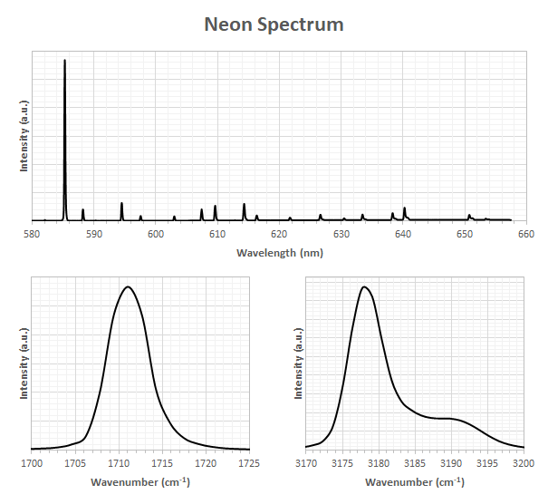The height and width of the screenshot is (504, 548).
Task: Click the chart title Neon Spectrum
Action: coord(274,25)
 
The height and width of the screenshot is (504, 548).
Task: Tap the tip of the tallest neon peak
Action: coord(64,60)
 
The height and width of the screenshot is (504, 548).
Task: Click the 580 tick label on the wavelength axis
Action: coord(32,234)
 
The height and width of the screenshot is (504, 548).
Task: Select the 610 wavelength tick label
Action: coord(217,234)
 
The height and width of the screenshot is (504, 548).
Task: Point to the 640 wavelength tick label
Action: coord(403,234)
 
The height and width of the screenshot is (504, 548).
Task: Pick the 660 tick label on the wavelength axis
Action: coord(526,234)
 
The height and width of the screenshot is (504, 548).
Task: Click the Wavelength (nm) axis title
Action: coord(280,253)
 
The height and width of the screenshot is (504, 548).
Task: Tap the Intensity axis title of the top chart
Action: coord(24,136)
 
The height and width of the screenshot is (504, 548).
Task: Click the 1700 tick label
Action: coord(32,463)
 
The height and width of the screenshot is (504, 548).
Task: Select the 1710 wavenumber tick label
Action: coord(119,463)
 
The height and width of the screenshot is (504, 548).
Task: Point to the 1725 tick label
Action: coord(249,463)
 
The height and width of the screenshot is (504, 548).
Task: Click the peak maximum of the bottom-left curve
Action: coord(128,286)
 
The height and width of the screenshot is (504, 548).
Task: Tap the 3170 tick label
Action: coord(306,463)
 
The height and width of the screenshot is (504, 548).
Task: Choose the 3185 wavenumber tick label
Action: coord(415,463)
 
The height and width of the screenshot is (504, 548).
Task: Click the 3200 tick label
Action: coord(524,463)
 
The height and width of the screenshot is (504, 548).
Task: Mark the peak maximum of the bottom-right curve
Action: coord(364,286)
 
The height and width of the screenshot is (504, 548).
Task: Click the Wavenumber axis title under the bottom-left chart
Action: coord(140,482)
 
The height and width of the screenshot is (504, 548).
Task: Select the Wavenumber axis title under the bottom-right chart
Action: coord(415,482)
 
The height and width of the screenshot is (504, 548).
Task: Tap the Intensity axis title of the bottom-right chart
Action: coord(298,363)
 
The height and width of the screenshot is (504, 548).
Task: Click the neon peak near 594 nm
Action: coord(121,203)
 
